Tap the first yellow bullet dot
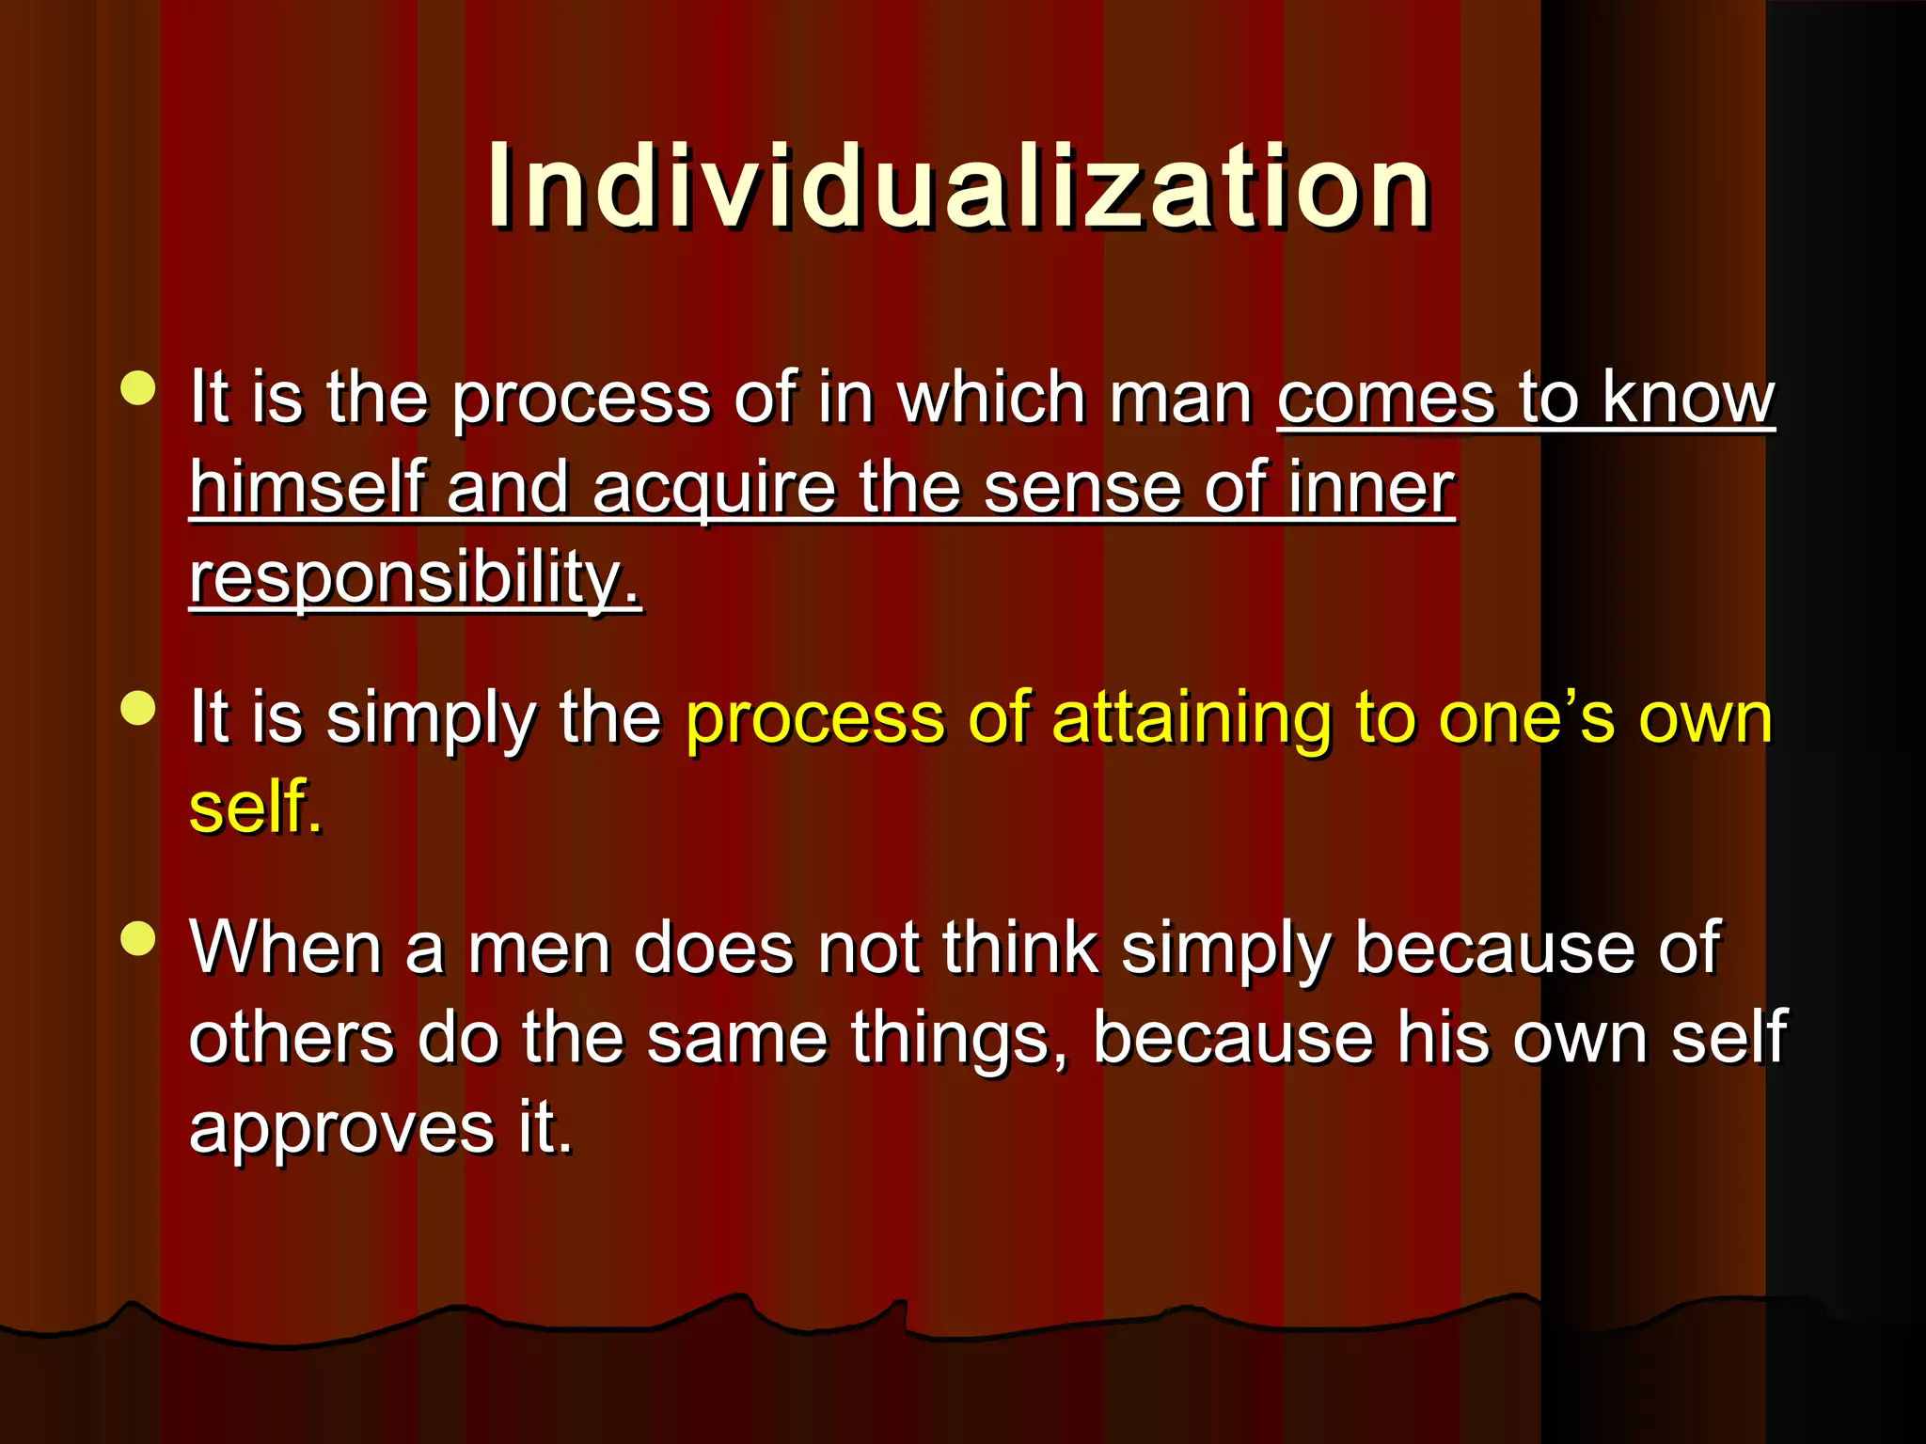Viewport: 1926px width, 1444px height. coord(138,388)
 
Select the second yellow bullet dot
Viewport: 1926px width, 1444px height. coord(138,709)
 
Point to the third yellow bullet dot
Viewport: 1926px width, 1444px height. coord(138,938)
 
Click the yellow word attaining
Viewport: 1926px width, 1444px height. coord(1192,718)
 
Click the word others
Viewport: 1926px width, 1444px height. coord(292,1038)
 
